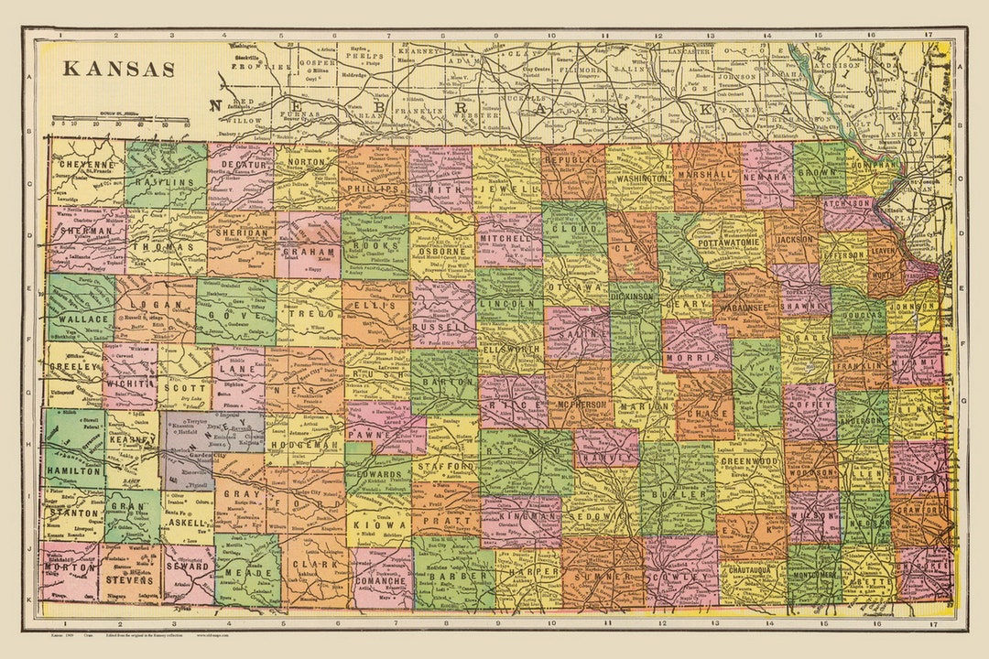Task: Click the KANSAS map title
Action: (118, 69)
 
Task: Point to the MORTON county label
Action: (70, 567)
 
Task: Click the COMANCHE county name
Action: (382, 580)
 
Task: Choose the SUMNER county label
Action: (603, 578)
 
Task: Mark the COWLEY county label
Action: (681, 578)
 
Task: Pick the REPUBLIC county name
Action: (575, 159)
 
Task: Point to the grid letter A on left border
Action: (29, 81)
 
